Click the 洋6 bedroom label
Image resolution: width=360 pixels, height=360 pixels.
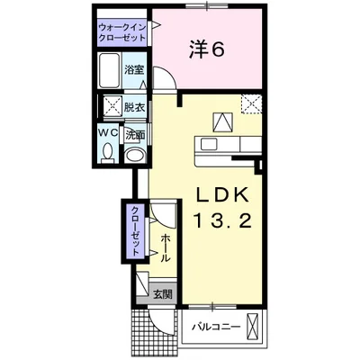tap(206, 49)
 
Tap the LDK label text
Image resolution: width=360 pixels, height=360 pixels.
tap(222, 194)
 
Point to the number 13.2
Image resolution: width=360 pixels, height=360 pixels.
tap(223, 220)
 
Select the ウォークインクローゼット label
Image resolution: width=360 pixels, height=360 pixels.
tap(122, 32)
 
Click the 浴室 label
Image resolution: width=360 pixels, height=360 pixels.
tap(134, 70)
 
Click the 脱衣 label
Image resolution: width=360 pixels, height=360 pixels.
tap(134, 107)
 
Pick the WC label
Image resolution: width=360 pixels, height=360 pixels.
tap(108, 133)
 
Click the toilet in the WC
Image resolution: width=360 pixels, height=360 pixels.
tap(107, 152)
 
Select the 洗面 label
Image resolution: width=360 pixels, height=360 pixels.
tap(135, 135)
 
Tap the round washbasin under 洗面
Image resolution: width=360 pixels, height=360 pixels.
tap(135, 156)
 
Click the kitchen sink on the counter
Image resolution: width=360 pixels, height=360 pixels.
tap(209, 145)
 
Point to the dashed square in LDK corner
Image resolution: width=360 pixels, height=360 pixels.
tap(252, 104)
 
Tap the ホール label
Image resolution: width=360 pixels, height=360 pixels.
tap(166, 248)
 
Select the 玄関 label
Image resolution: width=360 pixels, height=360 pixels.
tap(163, 294)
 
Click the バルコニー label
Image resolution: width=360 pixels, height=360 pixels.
tap(216, 326)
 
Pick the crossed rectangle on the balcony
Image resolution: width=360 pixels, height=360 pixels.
tap(252, 326)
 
